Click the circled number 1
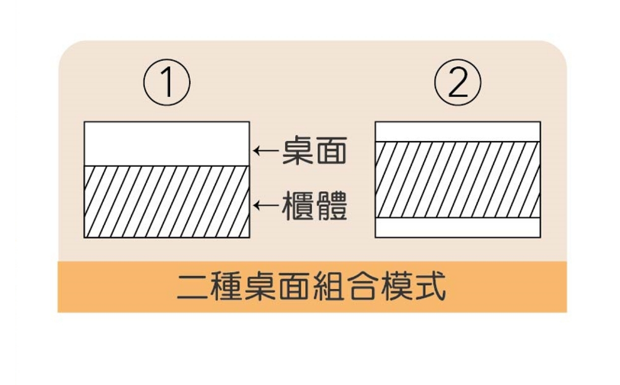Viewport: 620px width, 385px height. point(166,83)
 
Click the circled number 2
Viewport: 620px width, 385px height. point(458,83)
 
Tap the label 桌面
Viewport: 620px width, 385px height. point(314,151)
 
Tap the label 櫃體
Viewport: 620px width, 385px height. point(314,206)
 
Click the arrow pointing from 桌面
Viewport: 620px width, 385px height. point(266,151)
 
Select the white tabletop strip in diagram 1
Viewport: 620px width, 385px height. point(166,143)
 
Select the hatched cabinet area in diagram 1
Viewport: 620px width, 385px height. point(166,202)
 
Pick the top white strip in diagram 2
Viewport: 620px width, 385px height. point(458,131)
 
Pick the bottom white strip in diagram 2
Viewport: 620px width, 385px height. point(458,229)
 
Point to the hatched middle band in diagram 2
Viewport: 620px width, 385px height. point(458,180)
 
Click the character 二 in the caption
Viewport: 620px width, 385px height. point(190,287)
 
